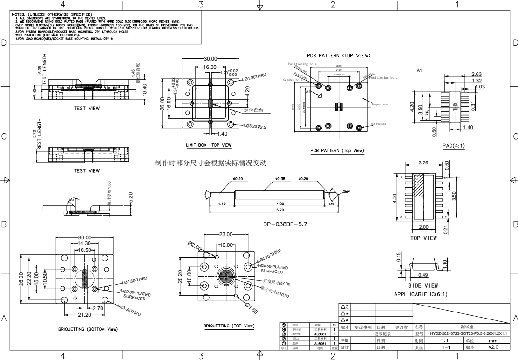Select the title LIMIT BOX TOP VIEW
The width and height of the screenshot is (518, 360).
[209, 145]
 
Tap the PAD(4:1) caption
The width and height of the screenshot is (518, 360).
[453, 146]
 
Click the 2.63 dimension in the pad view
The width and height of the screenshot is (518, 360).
[477, 75]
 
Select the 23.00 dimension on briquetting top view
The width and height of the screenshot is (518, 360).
[226, 234]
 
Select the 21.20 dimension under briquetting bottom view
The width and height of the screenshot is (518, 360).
[85, 315]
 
